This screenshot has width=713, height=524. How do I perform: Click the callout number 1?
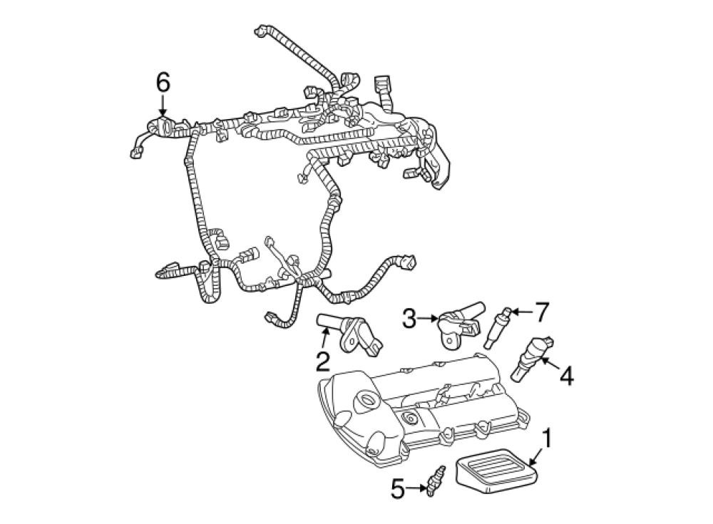point(547,438)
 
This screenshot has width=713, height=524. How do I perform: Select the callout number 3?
point(409,319)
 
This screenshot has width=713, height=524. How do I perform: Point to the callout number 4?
point(566,376)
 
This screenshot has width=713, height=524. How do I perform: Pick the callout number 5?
point(398,489)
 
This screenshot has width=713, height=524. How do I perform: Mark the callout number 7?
point(542,312)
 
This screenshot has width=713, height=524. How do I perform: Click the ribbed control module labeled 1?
point(496,472)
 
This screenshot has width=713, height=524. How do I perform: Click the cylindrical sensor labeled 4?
point(532,359)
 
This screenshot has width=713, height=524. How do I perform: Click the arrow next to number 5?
point(416,488)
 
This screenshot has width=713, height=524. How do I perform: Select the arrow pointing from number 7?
point(523,312)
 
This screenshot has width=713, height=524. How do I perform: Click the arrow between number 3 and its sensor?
point(427,319)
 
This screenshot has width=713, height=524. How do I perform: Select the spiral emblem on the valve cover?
point(411,416)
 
